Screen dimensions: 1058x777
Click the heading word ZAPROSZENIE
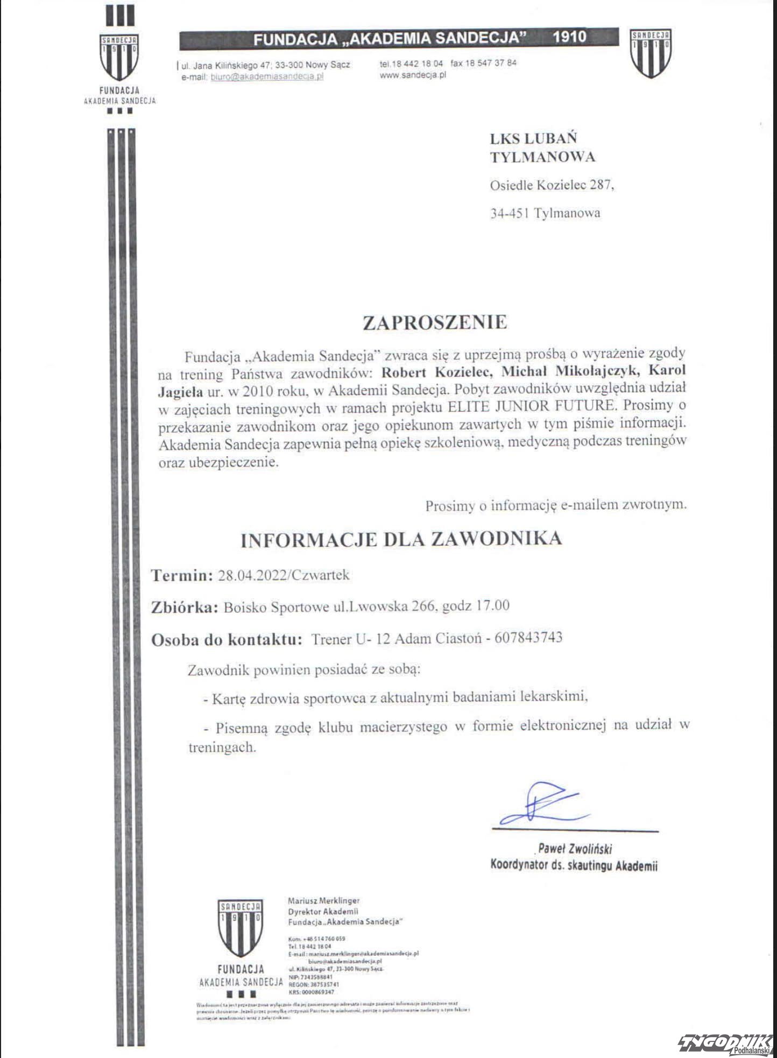click(435, 322)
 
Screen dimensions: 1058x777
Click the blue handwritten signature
click(543, 804)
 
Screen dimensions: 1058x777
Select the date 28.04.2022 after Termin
click(252, 575)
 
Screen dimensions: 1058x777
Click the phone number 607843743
click(528, 638)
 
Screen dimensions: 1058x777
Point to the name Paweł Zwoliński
click(575, 849)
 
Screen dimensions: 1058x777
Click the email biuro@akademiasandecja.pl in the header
click(267, 76)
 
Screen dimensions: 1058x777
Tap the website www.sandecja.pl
click(413, 75)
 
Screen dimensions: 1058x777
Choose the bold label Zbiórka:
click(185, 607)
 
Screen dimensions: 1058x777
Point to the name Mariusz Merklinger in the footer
click(323, 901)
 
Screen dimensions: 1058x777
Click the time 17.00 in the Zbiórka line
click(492, 606)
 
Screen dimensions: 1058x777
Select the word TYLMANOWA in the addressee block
click(542, 157)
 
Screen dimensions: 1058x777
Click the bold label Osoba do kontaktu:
click(227, 640)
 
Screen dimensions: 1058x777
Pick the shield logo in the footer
click(240, 927)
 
